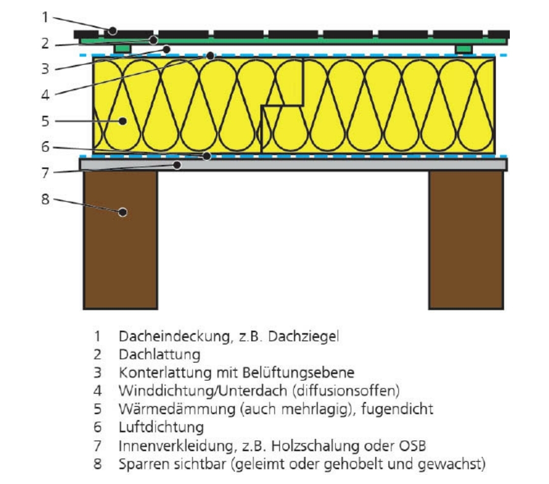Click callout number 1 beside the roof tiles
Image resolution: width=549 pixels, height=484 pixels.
pos(45,17)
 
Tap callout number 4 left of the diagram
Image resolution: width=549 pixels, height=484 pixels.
pos(45,95)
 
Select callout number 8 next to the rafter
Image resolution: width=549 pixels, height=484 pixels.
pos(45,199)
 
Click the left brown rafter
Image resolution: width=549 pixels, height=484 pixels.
pos(121,240)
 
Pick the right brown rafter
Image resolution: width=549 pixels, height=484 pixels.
pos(466,240)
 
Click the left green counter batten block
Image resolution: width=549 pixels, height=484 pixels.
pos(123,49)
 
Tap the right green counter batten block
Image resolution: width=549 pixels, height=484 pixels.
pos(464,49)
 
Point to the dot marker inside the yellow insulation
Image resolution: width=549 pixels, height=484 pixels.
pos(123,122)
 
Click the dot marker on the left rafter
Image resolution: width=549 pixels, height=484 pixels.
pos(123,212)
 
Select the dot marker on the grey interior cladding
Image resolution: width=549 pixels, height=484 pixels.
pos(178,165)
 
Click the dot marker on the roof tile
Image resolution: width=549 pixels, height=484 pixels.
pos(112,31)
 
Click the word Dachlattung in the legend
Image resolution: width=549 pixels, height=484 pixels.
pos(159,354)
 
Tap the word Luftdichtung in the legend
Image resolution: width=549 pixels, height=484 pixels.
pos(161,427)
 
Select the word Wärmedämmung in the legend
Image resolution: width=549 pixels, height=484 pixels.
pos(177,409)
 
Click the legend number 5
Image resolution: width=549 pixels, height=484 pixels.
pos(98,409)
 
